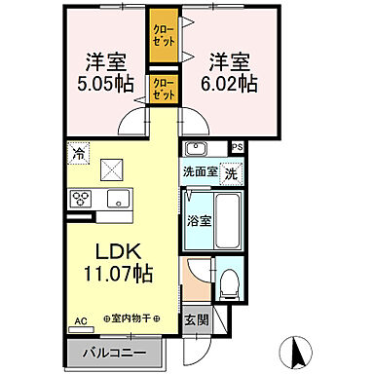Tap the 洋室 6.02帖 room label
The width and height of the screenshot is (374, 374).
[230, 72]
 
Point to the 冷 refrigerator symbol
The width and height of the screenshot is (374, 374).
[78, 154]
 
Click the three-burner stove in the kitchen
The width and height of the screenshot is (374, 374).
[79, 199]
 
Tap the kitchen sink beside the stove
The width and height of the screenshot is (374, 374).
[118, 199]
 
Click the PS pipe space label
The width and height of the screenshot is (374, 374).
[237, 147]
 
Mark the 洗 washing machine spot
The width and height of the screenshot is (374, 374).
[230, 171]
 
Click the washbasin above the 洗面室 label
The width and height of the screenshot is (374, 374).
[195, 150]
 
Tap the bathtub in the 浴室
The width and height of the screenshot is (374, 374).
[228, 220]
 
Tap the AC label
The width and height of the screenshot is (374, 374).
[82, 318]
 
